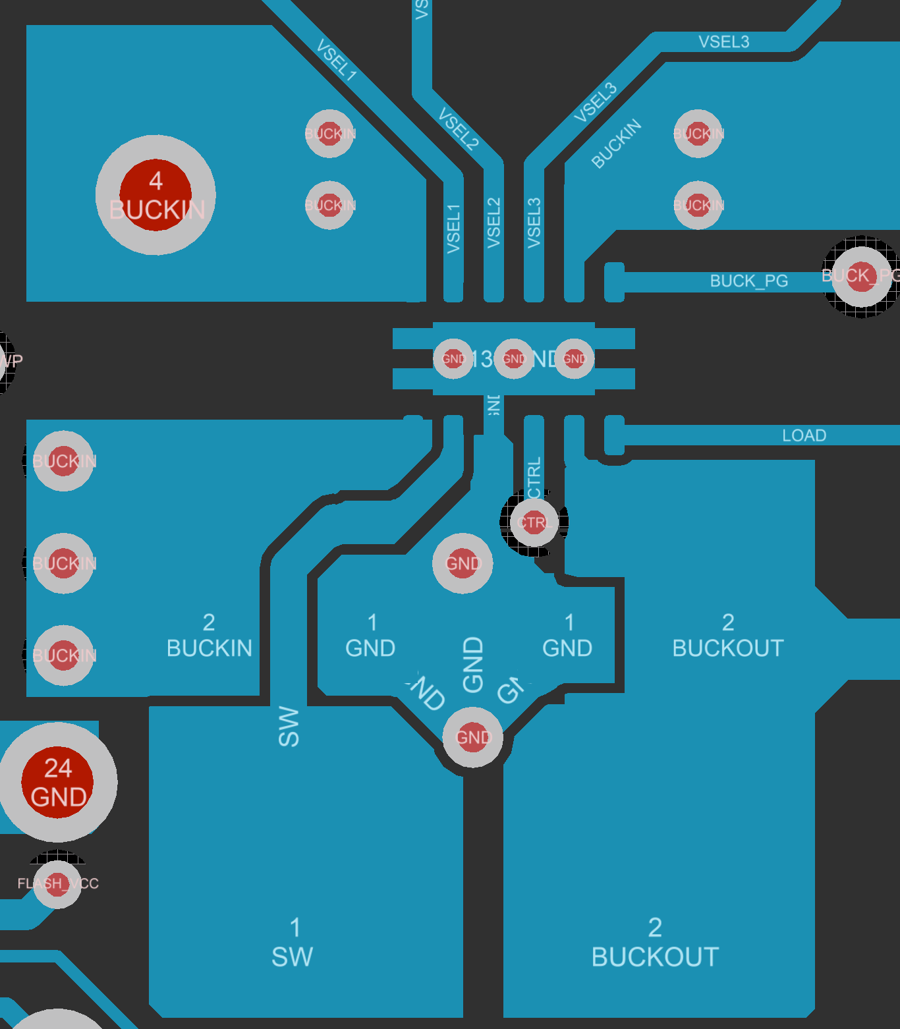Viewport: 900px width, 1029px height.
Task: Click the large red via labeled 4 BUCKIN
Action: [x=155, y=195]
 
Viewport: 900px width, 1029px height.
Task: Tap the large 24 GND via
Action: [x=58, y=782]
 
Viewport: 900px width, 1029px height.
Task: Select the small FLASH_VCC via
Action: [x=58, y=883]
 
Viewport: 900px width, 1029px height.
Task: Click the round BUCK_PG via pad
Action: [x=860, y=276]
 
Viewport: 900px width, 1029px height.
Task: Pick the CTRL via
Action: [x=534, y=522]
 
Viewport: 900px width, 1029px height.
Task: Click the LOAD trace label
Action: [x=804, y=435]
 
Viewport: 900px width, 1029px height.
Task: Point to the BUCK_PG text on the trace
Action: [x=748, y=281]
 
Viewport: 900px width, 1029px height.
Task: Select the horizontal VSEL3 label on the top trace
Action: [x=723, y=42]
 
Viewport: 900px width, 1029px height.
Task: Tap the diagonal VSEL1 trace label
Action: [x=337, y=60]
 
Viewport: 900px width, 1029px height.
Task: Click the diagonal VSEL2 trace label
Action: [x=459, y=129]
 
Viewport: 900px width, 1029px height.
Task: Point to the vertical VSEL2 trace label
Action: [x=493, y=223]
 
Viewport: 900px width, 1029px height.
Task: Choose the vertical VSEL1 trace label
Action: [x=453, y=228]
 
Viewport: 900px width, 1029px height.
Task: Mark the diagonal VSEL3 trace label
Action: [x=596, y=102]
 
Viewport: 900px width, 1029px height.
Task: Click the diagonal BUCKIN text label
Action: [x=616, y=144]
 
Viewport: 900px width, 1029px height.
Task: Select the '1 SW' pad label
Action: [x=293, y=943]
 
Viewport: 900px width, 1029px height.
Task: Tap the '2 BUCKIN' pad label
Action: [x=210, y=636]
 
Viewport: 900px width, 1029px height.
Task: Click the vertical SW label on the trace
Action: [x=289, y=726]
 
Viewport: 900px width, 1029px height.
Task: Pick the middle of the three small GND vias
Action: [x=513, y=359]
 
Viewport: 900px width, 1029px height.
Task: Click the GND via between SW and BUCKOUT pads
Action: [x=472, y=737]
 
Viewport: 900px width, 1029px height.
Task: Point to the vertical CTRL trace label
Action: [x=534, y=478]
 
